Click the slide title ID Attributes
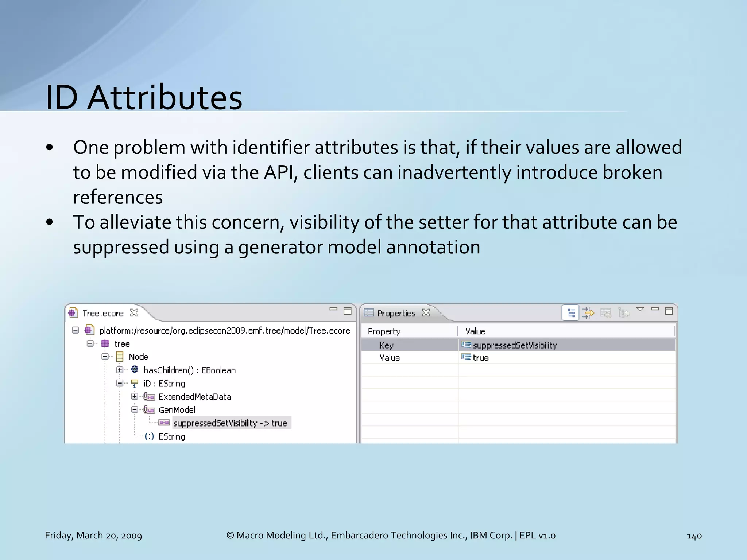pos(144,97)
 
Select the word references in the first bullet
pos(118,198)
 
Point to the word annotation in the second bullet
pos(433,247)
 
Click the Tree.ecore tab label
pos(103,313)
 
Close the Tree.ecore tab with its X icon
pos(134,313)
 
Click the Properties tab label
pos(396,313)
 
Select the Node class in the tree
pos(138,357)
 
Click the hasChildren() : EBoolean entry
pos(189,370)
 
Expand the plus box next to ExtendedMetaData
pos(135,396)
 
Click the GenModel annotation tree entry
pos(177,410)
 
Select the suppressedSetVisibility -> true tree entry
pos(230,423)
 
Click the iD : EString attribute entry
pos(164,384)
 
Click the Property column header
pos(384,331)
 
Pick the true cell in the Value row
pos(480,358)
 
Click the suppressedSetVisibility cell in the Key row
pos(514,345)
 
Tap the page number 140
pos(694,536)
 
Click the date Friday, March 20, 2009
pos(93,536)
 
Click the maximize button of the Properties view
pos(669,311)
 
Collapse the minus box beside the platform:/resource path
pos(76,330)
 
